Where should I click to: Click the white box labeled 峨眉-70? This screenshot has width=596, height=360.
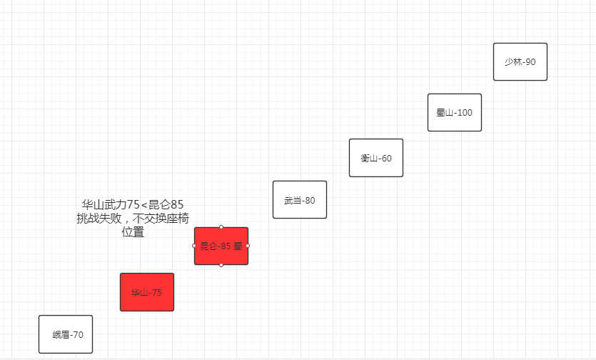66,334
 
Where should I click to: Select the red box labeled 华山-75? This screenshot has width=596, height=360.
146,292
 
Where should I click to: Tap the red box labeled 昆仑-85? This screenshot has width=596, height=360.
221,246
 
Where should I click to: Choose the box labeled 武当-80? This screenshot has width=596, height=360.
300,200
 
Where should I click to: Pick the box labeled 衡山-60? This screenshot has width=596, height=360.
376,158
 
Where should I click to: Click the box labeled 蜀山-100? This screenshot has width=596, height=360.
455,113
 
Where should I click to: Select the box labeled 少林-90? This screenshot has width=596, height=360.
520,62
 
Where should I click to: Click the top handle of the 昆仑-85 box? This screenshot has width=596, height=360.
221,227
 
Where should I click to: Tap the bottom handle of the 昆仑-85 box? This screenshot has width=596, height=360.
221,265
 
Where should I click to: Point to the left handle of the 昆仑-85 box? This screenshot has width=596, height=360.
194,246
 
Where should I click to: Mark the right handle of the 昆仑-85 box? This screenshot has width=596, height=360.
248,246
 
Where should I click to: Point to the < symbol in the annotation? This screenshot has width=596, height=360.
144,206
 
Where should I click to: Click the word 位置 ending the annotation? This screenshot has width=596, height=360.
133,232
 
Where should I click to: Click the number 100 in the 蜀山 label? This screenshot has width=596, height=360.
464,113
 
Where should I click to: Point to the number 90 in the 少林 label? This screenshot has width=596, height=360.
530,62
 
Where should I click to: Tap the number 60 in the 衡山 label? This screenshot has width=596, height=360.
386,158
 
